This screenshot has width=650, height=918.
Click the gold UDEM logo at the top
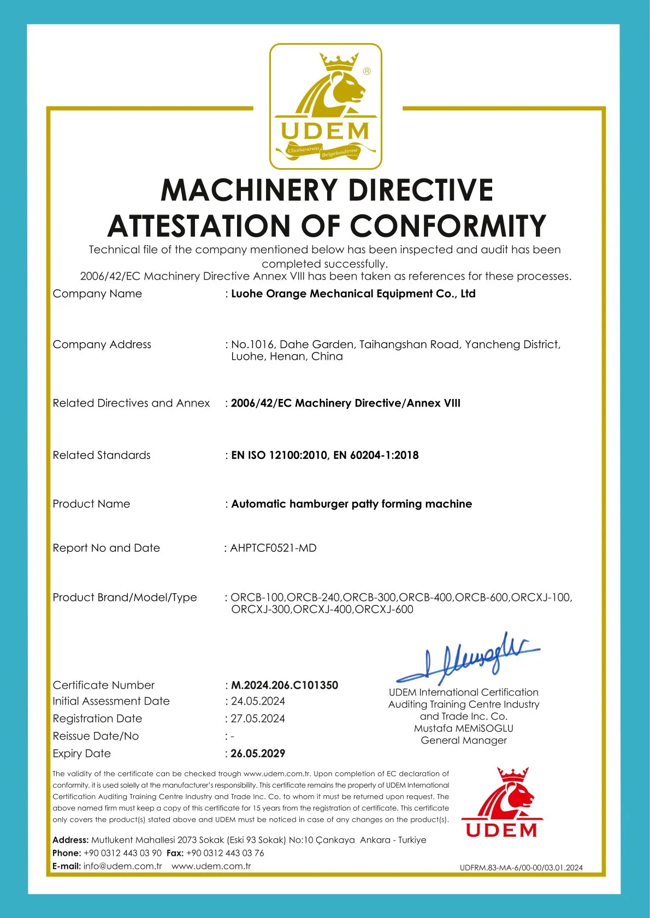(x=326, y=106)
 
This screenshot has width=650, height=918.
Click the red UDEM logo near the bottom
(x=503, y=802)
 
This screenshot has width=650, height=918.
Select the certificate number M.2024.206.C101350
(x=285, y=685)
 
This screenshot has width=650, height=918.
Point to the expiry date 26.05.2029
(x=258, y=754)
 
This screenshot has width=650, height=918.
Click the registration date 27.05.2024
(x=258, y=719)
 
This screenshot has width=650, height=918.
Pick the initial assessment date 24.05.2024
(x=258, y=701)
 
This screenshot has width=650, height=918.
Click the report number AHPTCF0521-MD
(x=273, y=548)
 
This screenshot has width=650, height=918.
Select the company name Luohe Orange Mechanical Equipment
(x=353, y=294)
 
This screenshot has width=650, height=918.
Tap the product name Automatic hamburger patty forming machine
(x=351, y=504)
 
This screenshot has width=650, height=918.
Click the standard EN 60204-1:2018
(x=376, y=455)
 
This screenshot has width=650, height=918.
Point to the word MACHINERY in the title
(x=249, y=190)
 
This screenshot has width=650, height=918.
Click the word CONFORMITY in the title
(x=448, y=226)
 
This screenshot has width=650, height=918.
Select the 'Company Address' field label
(x=102, y=344)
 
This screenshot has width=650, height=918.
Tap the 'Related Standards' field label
(x=102, y=455)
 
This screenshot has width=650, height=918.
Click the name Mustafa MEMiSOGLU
(x=464, y=729)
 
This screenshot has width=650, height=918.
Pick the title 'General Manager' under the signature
(x=464, y=741)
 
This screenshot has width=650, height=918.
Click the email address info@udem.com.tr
(x=122, y=866)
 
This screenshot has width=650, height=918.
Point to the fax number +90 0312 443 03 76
(x=225, y=853)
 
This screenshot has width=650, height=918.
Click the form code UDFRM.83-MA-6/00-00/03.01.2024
(x=521, y=867)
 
